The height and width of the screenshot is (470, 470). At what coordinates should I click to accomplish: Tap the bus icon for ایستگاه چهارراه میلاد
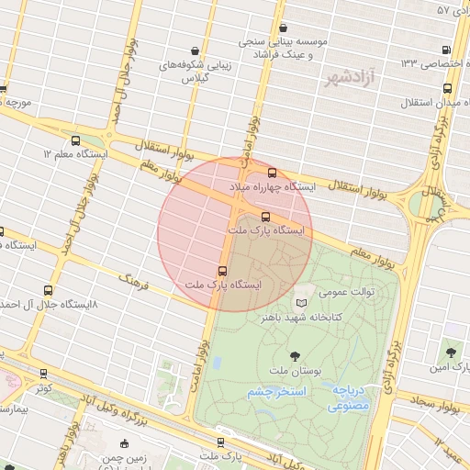point(271,173)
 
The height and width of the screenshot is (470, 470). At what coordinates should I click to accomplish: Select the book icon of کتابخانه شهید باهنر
point(302,302)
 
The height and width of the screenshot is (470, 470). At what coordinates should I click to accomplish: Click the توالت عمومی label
point(347,292)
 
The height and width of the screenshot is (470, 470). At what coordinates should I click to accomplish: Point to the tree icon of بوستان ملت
point(294,354)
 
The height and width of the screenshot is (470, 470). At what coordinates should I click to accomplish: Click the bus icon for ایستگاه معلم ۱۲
point(75,140)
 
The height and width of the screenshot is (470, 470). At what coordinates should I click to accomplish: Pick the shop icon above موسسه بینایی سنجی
point(283,28)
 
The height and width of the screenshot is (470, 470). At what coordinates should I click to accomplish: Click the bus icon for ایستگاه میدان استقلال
point(447,89)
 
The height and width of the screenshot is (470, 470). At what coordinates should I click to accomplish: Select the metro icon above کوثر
point(44,374)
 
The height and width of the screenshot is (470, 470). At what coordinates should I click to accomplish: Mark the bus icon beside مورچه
point(3,89)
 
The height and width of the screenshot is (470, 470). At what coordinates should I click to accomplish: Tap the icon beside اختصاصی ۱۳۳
point(446,50)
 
